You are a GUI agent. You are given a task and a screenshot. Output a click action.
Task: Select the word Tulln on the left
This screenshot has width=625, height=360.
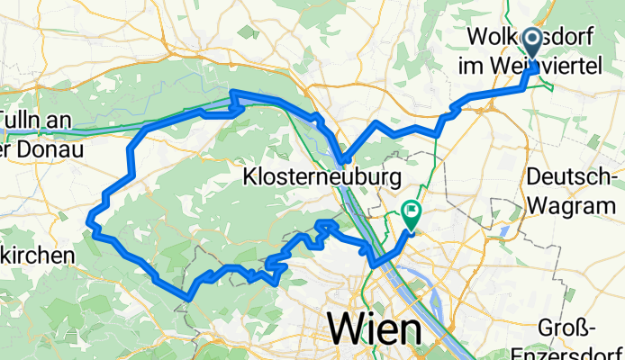[18, 119]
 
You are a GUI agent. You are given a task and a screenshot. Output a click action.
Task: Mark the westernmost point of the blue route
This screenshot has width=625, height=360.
[89, 216]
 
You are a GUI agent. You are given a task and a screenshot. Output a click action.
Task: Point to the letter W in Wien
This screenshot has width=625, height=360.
[347, 327]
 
